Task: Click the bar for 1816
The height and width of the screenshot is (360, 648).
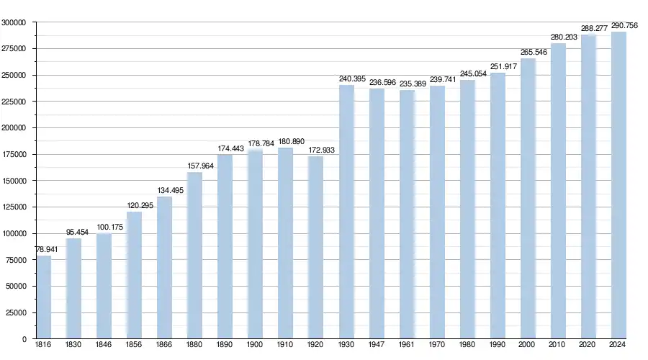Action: coord(44,297)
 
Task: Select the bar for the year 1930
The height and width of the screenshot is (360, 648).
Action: coord(346,212)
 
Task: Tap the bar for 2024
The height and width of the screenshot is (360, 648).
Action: coord(618,185)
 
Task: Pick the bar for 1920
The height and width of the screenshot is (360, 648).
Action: coord(316,247)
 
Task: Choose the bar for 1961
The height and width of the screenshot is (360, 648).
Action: coord(407,214)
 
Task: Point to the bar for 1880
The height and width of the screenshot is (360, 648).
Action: coord(195,255)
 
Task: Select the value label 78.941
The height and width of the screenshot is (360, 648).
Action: coord(46,249)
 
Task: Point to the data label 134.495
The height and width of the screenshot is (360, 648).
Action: coord(171,190)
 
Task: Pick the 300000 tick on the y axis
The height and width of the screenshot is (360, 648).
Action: coord(14,22)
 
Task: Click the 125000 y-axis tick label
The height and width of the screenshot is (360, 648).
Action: coord(14,207)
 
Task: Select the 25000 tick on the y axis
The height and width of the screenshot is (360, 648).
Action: coord(16,313)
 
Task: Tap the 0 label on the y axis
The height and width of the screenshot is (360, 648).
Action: coord(24,339)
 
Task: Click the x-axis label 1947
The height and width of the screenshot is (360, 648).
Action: coord(377,346)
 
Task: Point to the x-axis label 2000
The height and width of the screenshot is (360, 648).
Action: coord(528,346)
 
